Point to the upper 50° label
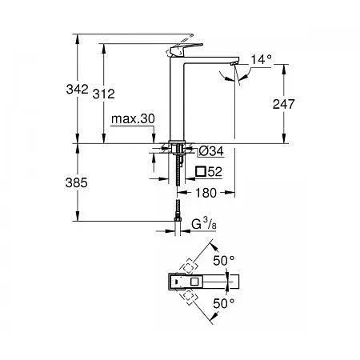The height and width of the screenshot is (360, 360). pyautogui.click(x=225, y=261)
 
